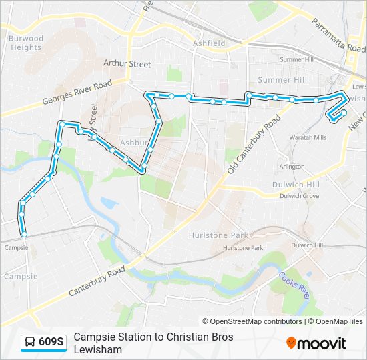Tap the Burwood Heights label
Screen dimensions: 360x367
[x=26, y=43]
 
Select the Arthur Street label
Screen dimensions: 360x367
[x=127, y=64]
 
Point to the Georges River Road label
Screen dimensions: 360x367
[x=77, y=94]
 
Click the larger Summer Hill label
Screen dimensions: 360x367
[x=282, y=80]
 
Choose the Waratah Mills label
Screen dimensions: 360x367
[x=308, y=137]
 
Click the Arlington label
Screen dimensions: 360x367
[x=292, y=167]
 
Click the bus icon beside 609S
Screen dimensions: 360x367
[x=29, y=343]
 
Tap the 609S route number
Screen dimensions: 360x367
[x=51, y=343]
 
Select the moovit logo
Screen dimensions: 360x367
[x=316, y=343]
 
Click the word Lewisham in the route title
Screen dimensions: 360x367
[x=97, y=349]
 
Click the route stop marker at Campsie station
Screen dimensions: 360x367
[x=24, y=235]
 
